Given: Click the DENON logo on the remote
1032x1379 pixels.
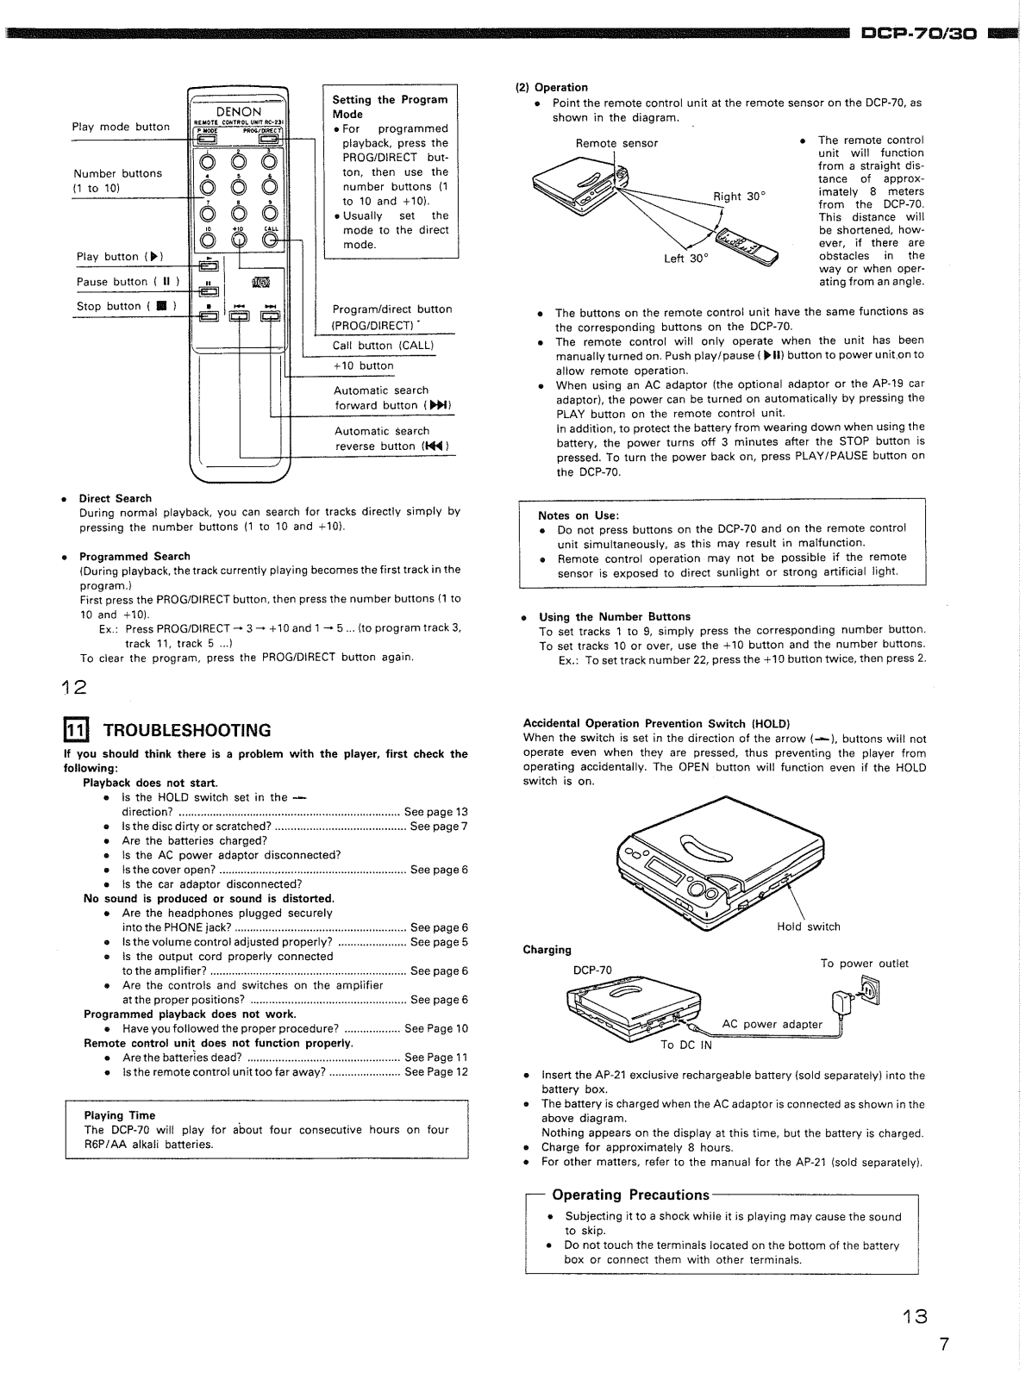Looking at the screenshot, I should coord(239,112).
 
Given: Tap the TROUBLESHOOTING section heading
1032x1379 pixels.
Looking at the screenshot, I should coord(187,731).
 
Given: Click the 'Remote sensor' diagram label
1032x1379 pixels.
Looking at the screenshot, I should coord(616,143).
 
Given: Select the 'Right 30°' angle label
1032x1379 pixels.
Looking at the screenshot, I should coord(739,197).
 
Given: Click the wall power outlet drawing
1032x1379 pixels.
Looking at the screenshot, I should coord(872,992).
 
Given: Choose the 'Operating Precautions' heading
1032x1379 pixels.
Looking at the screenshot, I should coord(630,1195).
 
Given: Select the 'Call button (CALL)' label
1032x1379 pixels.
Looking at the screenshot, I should coord(383,346).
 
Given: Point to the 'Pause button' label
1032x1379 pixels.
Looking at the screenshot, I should coord(128,282).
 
